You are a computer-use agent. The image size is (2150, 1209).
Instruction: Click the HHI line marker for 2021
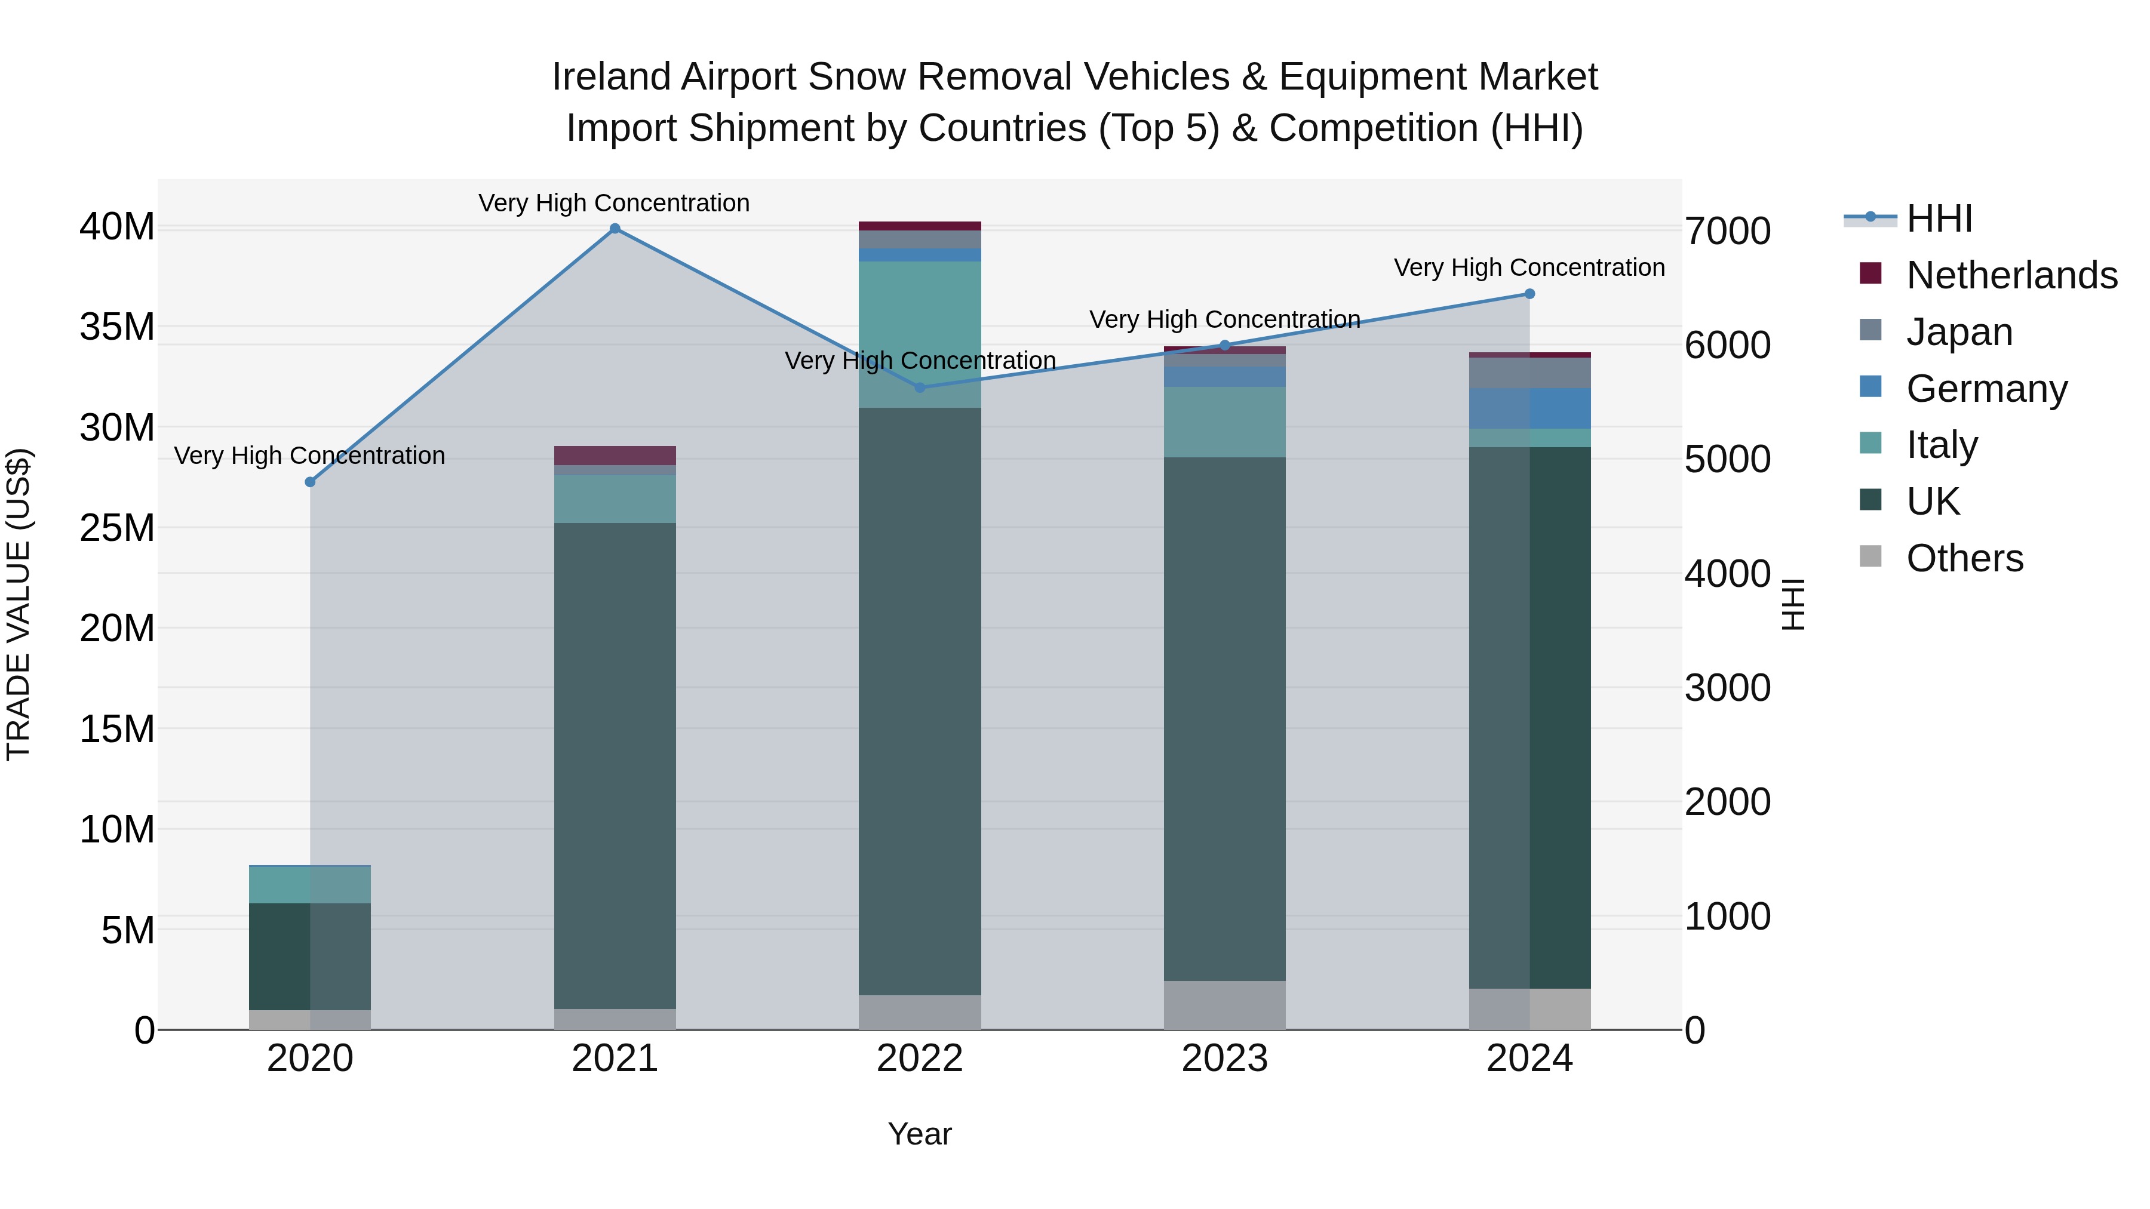615,229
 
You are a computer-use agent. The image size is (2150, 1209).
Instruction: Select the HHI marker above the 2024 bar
1530,294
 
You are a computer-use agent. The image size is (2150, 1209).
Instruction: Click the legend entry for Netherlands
2011,275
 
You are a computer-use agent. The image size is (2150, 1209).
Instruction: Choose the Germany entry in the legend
1986,389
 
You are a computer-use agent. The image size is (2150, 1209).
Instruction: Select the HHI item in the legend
1939,219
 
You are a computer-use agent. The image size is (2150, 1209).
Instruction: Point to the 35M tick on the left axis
117,327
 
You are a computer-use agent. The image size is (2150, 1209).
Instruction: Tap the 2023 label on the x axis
1224,1059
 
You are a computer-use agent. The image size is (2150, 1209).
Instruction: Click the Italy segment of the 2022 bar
920,334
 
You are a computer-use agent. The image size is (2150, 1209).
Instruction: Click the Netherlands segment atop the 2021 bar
615,456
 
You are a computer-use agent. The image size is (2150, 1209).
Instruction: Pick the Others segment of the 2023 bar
1224,1005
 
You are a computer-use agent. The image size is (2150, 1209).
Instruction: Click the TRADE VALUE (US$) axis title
19,605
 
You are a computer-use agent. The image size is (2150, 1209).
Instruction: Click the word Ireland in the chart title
611,78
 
